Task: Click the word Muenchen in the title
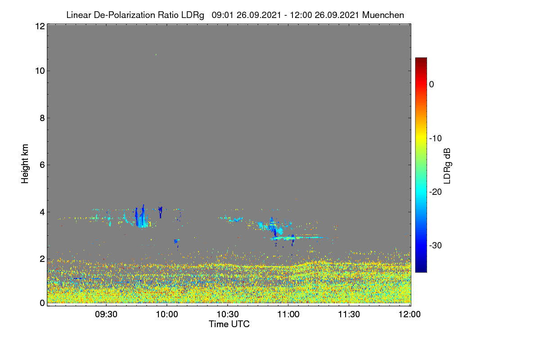[383, 15]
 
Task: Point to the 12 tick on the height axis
[40, 26]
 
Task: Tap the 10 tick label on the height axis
[40, 71]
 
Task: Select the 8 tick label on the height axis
[42, 118]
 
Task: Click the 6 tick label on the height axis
[42, 165]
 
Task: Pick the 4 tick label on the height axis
[42, 212]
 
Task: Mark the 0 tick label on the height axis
[42, 303]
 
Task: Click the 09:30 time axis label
[106, 315]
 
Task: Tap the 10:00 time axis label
[167, 315]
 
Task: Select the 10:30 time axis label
[228, 315]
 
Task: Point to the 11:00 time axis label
[288, 315]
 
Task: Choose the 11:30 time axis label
[349, 315]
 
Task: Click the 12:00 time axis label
[409, 315]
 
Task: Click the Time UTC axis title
[229, 324]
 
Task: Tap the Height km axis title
[25, 164]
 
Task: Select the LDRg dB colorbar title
[447, 166]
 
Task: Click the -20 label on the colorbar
[436, 192]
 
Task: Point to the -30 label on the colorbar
[436, 246]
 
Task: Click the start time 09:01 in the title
[222, 15]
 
